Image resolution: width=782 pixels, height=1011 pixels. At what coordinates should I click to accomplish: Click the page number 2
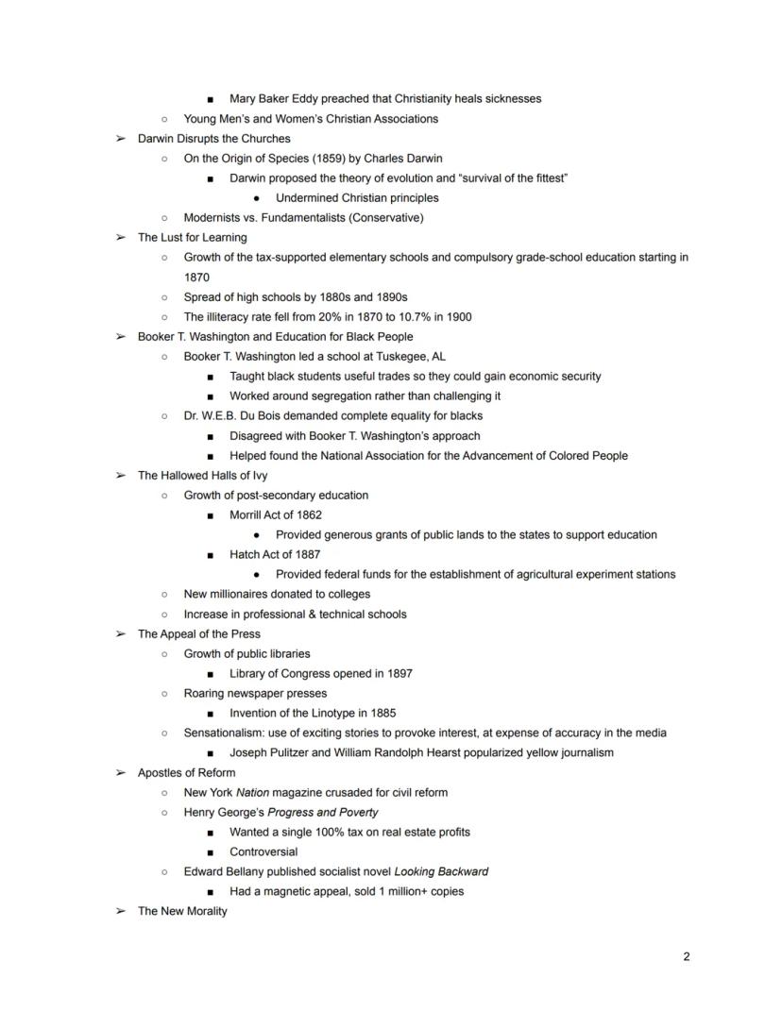point(687,956)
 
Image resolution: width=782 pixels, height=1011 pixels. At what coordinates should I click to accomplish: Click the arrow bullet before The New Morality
point(120,911)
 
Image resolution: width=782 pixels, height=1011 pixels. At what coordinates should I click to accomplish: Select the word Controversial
point(263,851)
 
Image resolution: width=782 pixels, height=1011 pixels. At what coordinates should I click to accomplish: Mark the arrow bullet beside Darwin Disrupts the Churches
point(120,139)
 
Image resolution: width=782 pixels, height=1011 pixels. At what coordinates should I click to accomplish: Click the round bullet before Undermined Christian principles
point(257,198)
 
